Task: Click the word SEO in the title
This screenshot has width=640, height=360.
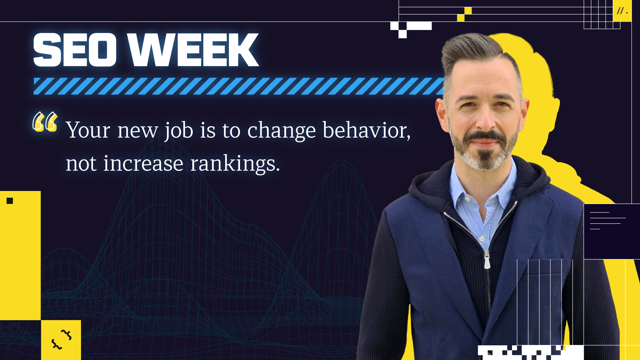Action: (75, 50)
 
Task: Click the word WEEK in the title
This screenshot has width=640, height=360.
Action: (193, 50)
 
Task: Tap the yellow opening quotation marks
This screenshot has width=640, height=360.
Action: (45, 122)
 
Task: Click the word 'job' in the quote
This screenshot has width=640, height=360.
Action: (179, 130)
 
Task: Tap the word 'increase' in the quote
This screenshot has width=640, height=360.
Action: (143, 163)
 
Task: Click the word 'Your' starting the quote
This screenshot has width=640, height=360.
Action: (88, 130)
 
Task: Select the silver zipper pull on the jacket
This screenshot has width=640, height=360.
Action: (487, 259)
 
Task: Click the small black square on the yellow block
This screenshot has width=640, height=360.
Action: (10, 201)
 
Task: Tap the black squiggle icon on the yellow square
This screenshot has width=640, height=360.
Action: (61, 339)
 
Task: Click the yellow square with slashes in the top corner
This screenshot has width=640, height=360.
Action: (622, 11)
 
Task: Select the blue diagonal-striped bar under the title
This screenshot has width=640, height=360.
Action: (239, 86)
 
